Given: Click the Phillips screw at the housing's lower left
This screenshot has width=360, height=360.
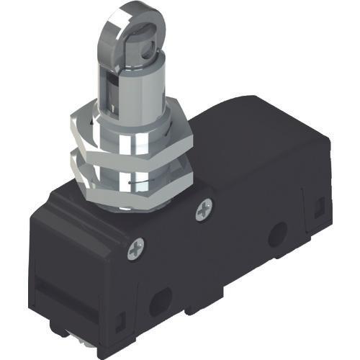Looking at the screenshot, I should coord(136,250).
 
